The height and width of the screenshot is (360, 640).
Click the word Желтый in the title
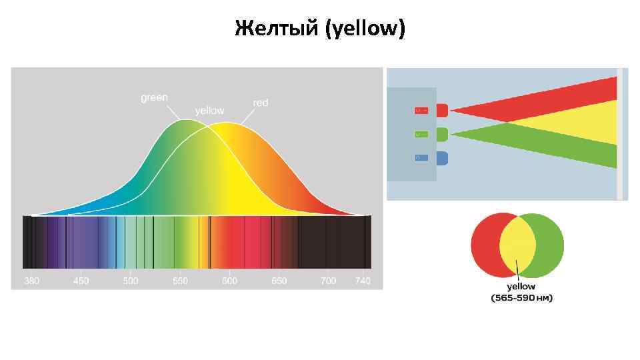tap(276, 29)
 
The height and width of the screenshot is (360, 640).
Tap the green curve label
tap(154, 97)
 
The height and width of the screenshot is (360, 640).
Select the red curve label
tap(260, 103)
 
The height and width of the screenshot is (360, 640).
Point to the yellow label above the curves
tap(209, 110)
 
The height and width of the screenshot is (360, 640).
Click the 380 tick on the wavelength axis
tap(31, 281)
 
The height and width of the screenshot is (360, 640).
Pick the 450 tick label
tap(81, 281)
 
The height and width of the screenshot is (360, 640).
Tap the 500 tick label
tap(131, 281)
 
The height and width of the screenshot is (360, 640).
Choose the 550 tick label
tap(180, 281)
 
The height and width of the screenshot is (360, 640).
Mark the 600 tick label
tap(229, 281)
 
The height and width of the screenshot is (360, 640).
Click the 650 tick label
tap(279, 281)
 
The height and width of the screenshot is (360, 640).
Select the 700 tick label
tap(328, 281)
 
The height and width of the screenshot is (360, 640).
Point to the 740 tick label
tap(363, 281)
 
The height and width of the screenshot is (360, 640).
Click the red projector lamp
tap(442, 110)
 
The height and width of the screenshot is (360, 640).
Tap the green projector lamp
tap(442, 134)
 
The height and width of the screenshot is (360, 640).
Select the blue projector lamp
tap(442, 158)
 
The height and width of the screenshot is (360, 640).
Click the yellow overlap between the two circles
tap(517, 245)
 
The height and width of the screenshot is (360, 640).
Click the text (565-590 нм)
tap(522, 298)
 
